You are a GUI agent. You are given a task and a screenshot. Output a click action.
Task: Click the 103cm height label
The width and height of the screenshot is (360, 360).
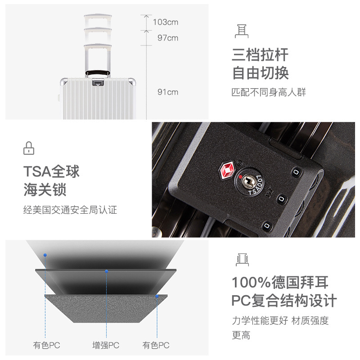166,22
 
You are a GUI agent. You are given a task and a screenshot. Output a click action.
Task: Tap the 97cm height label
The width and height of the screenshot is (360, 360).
168,38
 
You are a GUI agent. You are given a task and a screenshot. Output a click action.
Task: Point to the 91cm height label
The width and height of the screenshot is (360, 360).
168,92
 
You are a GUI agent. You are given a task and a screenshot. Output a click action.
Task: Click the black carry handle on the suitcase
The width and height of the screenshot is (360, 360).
98,72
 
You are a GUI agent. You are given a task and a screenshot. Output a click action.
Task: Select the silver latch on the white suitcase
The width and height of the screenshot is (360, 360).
98,82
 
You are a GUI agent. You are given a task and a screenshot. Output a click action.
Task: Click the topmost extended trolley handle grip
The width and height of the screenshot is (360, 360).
98,16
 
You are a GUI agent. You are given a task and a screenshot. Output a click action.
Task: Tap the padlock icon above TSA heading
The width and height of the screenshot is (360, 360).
29,148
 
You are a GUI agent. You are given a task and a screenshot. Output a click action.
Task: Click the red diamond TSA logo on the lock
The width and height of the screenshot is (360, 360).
227,170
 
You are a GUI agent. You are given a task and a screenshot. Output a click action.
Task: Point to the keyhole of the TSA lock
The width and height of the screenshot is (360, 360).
248,181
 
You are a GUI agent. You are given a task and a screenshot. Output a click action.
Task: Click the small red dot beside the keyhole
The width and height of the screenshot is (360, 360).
240,177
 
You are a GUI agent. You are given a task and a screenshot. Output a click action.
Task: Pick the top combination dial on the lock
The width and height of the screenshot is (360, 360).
296,172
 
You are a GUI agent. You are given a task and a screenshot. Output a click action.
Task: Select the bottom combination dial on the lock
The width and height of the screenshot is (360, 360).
267,226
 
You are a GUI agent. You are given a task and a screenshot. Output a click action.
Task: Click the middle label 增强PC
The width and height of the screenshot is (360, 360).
106,345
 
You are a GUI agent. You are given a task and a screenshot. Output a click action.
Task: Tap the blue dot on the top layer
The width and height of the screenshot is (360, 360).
45,255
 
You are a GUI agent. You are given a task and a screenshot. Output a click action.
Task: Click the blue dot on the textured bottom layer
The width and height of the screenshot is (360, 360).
157,296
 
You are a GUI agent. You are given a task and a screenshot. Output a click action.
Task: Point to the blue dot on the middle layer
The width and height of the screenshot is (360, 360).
107,271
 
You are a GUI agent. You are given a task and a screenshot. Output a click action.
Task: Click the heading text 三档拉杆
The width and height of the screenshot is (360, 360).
260,55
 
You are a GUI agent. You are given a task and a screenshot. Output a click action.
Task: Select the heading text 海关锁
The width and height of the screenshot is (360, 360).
45,190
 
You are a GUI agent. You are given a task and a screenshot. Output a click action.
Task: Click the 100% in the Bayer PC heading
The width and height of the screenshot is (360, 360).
251,283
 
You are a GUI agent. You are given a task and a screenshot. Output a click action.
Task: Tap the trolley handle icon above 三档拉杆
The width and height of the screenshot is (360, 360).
242,31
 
